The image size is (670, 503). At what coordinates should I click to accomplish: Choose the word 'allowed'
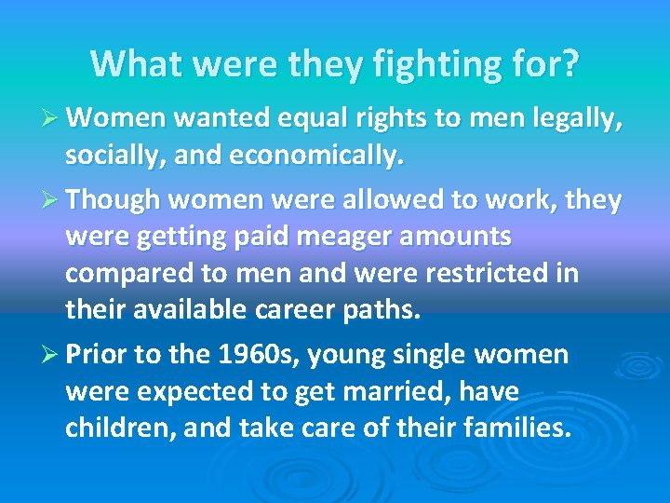coord(371,201)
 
